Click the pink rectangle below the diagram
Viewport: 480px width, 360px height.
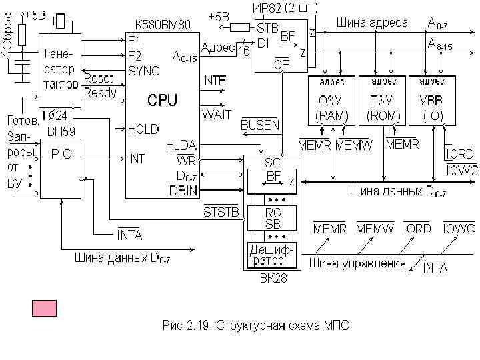pyautogui.click(x=45, y=308)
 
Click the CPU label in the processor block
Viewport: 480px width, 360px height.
pyautogui.click(x=162, y=100)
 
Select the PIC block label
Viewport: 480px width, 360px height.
pyautogui.click(x=61, y=154)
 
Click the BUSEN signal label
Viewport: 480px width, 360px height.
pyautogui.click(x=260, y=125)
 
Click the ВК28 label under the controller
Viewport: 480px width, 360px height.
pyautogui.click(x=273, y=279)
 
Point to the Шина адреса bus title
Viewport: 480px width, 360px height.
pyautogui.click(x=372, y=23)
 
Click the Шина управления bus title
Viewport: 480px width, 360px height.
pyautogui.click(x=357, y=263)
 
